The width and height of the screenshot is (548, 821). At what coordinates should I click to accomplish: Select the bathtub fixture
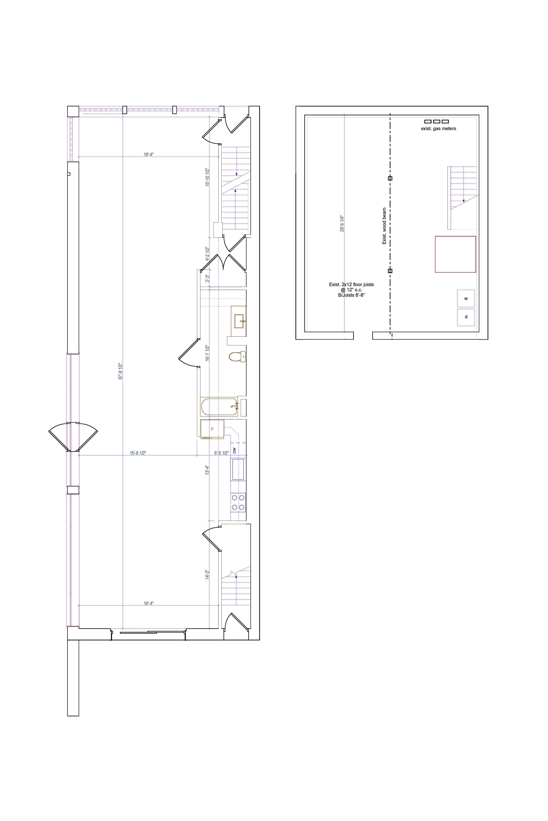[219, 407]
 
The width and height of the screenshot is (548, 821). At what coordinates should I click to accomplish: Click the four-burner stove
[238, 502]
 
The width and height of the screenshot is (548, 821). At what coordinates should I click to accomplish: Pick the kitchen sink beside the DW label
[238, 469]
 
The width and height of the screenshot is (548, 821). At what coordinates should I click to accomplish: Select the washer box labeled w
[466, 298]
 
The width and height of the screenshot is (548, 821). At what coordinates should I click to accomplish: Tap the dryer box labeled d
[466, 317]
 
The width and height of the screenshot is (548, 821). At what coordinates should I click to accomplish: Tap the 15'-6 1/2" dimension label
[138, 453]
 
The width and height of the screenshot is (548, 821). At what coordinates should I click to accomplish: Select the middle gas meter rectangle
[436, 121]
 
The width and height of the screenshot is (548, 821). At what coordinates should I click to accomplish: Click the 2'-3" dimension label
[207, 278]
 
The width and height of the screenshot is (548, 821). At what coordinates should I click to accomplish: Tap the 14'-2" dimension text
[207, 574]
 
